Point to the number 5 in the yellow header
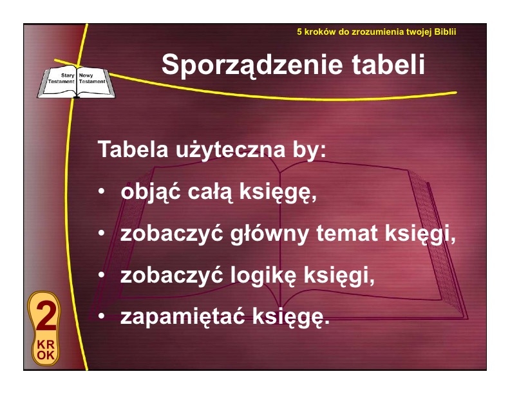(299, 32)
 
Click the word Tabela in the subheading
(133, 149)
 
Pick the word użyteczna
(231, 151)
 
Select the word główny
(269, 234)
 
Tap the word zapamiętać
(182, 317)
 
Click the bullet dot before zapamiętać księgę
(102, 315)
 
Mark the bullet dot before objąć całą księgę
(102, 191)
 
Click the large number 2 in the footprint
(46, 315)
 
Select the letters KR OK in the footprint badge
(46, 350)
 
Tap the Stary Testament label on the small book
(61, 79)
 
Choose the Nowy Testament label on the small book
(92, 79)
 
